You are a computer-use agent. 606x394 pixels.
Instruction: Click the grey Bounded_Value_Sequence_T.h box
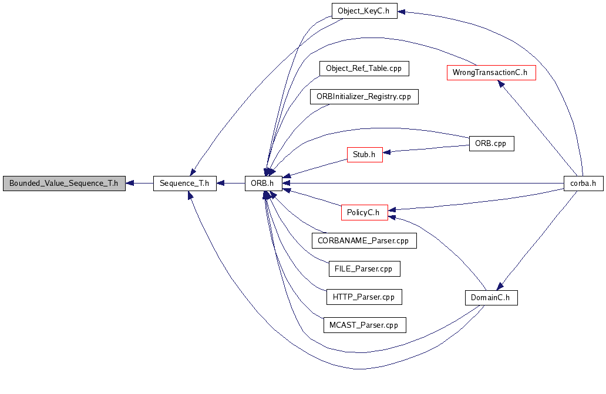point(64,184)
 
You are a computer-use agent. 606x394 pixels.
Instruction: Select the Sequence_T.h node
point(185,184)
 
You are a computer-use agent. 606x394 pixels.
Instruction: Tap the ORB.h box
point(263,184)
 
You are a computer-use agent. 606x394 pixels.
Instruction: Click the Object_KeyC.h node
point(363,11)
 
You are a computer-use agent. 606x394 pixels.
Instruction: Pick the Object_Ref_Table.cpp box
point(364,68)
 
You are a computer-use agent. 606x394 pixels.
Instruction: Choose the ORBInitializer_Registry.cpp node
point(364,96)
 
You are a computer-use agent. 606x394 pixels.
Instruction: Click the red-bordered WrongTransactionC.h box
point(491,73)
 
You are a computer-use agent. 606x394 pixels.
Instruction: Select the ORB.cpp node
point(491,144)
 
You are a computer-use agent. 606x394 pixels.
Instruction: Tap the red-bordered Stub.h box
point(365,155)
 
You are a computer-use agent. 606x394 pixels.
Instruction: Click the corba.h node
point(583,184)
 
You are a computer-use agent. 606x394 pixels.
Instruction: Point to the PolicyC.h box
point(365,212)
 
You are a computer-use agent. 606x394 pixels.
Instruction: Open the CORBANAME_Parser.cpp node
point(364,240)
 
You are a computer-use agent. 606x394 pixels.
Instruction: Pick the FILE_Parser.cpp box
point(364,269)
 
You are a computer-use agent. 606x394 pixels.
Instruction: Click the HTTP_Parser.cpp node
point(364,297)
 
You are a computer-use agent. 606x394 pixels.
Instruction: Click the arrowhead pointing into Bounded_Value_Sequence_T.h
point(130,184)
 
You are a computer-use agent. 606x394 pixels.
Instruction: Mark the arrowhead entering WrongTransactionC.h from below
point(501,84)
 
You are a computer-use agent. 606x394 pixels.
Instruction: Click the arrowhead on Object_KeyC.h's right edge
point(402,12)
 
